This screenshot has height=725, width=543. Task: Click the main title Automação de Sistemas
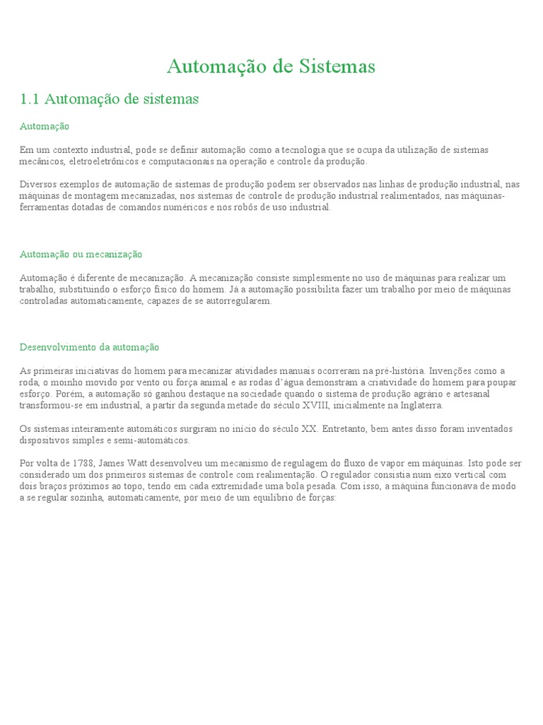271,67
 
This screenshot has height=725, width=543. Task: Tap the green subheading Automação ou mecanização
81,253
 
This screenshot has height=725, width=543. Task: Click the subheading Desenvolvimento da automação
89,347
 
